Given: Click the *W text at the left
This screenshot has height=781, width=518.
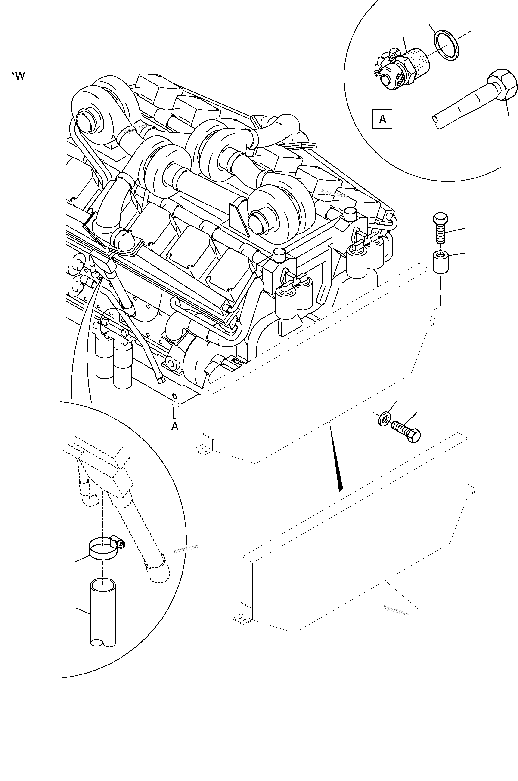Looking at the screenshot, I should click(18, 76).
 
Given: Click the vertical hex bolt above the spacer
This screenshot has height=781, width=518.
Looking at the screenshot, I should click(440, 228).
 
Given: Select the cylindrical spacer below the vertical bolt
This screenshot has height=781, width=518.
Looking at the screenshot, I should click(440, 262).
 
